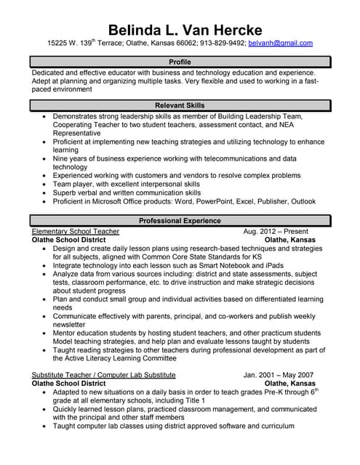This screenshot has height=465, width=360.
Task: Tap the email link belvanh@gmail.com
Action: [281, 44]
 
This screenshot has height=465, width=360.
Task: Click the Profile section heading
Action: [180, 62]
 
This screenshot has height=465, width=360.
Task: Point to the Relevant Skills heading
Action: [180, 105]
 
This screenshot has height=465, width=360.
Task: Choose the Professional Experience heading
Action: [180, 221]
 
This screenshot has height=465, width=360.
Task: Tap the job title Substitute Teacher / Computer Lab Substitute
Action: [104, 375]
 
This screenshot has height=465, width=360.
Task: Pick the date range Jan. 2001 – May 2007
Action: [279, 375]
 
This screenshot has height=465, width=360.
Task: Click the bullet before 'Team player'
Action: [45, 185]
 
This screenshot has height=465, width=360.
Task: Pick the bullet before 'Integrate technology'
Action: [45, 267]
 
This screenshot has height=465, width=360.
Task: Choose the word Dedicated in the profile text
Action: [52, 73]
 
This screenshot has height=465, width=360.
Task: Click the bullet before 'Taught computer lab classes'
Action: [45, 426]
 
